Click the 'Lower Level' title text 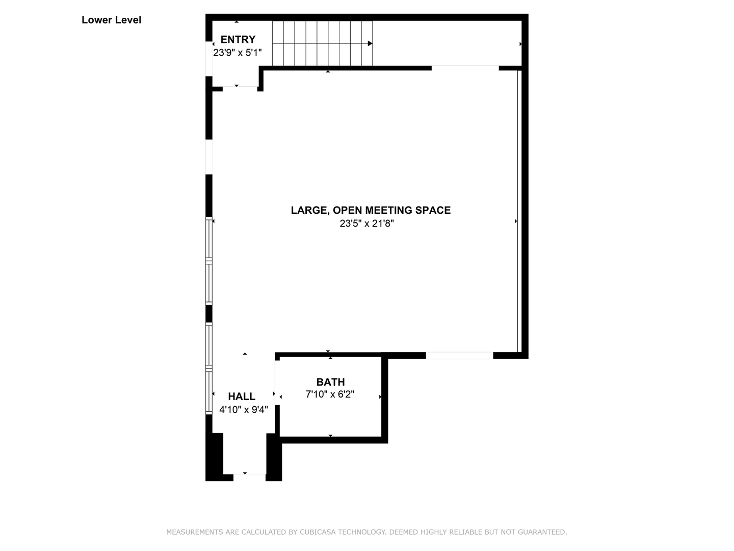111,20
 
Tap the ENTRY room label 238,39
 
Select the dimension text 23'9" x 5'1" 237,53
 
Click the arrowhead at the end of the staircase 370,43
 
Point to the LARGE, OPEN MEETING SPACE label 371,210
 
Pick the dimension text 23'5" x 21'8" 367,223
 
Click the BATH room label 330,382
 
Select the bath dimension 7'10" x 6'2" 330,394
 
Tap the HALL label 242,396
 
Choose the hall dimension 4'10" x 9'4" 244,409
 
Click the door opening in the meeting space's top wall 465,68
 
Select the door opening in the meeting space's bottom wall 459,355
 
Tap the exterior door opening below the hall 249,477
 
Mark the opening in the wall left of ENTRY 208,59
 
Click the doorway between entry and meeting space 240,89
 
